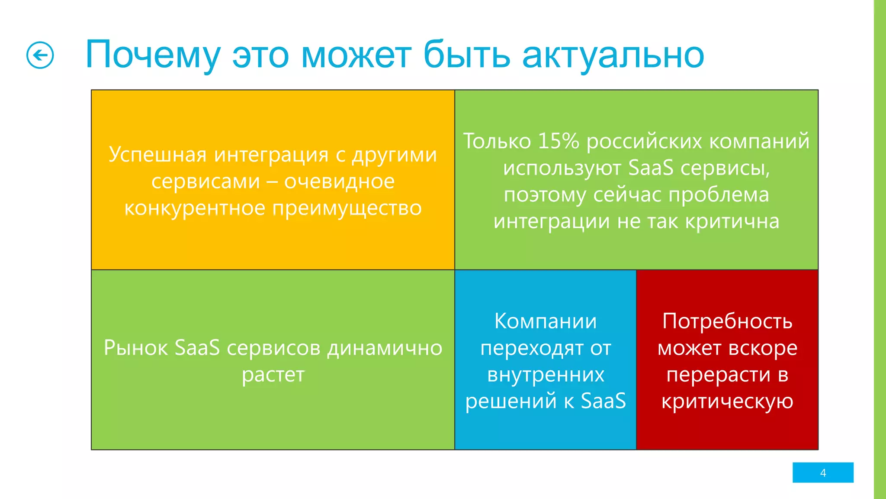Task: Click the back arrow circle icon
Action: (40, 55)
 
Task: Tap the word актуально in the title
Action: (613, 55)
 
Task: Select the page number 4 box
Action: (822, 473)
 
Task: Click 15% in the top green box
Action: (558, 141)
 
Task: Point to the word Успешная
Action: (157, 155)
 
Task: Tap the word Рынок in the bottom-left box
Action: (135, 348)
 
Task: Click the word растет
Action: (273, 375)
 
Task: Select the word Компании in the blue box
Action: (545, 321)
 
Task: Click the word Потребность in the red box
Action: (727, 321)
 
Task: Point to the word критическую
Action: (727, 402)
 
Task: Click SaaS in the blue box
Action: (603, 401)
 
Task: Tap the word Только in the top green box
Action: (497, 141)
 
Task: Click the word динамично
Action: (385, 348)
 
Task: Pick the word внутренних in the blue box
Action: (545, 375)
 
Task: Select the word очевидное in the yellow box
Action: (339, 181)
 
